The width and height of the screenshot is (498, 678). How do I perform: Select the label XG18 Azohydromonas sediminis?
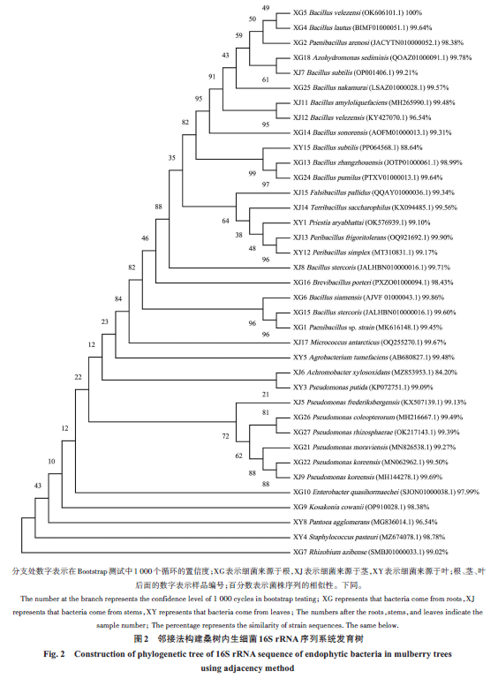[341, 57]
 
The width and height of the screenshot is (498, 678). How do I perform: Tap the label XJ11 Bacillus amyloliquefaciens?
[340, 102]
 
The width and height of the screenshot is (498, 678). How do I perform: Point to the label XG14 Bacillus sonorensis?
[330, 132]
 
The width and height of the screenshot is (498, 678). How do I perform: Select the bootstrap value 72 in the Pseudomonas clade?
[226, 436]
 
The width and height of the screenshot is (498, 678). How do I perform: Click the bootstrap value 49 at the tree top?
[266, 8]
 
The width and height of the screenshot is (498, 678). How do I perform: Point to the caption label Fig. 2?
[54, 654]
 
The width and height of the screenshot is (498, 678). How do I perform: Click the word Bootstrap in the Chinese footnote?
[92, 572]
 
